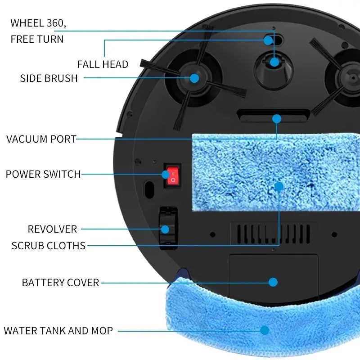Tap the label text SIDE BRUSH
49,78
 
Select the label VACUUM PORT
41,139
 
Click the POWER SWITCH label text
43,174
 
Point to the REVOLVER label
52,229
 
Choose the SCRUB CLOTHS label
49,246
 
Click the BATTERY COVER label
60,283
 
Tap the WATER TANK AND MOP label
58,331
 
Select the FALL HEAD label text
103,64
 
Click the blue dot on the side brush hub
194,78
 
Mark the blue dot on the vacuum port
277,119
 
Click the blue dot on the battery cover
273,282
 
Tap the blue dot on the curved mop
265,330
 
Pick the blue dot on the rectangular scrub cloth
279,186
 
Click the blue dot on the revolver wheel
165,229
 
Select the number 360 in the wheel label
56,22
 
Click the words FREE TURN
37,39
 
